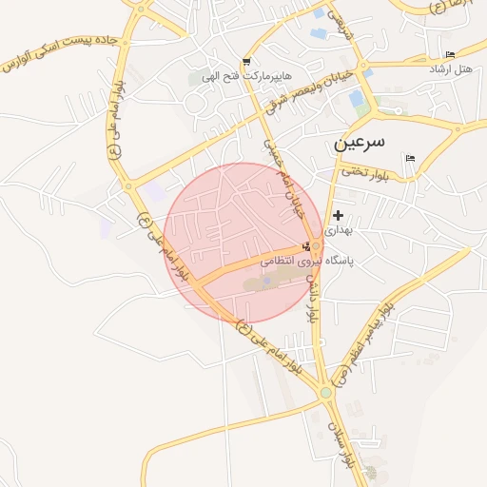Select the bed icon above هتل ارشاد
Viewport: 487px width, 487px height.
click(450, 54)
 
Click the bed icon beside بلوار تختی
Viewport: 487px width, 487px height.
click(410, 158)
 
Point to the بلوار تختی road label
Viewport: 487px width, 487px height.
click(367, 172)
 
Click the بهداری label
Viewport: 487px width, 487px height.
click(338, 230)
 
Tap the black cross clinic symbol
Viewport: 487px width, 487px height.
click(338, 216)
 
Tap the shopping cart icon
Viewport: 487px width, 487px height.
click(247, 60)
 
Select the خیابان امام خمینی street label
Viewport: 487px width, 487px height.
click(287, 180)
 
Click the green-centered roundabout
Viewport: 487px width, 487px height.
click(325, 392)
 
